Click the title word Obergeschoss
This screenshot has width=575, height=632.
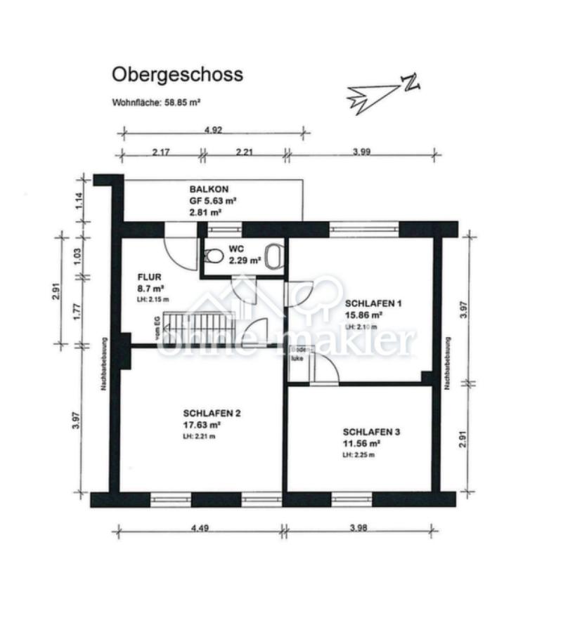click(177, 74)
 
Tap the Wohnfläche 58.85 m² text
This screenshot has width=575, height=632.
click(156, 102)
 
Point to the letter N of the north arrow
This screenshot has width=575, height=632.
click(411, 83)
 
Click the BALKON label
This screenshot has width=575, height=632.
click(209, 190)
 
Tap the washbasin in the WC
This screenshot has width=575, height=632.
click(274, 255)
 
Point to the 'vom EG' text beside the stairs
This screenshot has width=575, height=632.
click(151, 329)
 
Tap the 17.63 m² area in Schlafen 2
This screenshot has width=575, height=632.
click(202, 424)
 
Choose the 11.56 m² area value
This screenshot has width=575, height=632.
click(361, 444)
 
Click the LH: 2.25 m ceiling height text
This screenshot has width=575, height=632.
click(358, 455)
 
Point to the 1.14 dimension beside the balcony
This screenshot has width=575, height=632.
click(79, 199)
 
